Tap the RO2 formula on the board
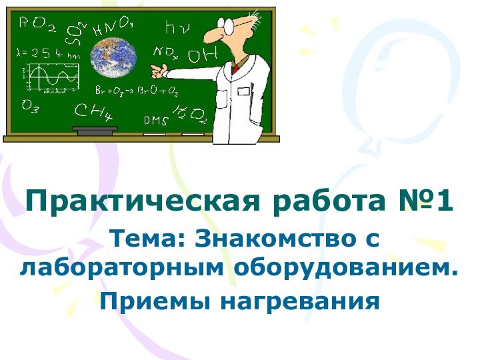click(x=37, y=25)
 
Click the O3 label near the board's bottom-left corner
click(x=31, y=107)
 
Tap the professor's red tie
click(x=235, y=68)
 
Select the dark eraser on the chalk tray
click(x=94, y=131)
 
